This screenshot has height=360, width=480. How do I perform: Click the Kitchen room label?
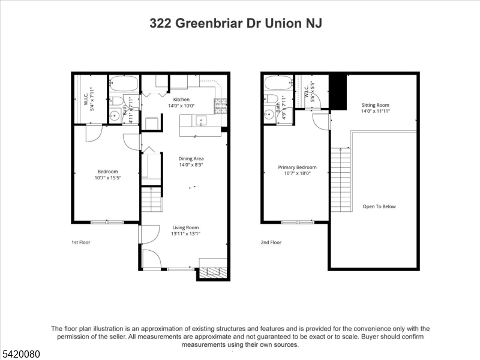(x=181, y=100)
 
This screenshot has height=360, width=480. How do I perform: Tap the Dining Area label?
(x=191, y=158)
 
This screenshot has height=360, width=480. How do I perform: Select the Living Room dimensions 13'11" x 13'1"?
(x=185, y=234)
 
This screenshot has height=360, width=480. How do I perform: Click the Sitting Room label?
(x=376, y=105)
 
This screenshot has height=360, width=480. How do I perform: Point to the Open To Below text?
(x=379, y=206)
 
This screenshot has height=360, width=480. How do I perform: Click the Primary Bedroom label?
(x=297, y=167)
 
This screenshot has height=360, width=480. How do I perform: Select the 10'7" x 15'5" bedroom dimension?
(x=108, y=178)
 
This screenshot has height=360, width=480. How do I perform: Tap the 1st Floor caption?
(x=81, y=242)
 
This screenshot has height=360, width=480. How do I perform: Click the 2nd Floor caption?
(x=271, y=242)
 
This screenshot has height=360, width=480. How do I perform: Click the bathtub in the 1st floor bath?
(x=124, y=83)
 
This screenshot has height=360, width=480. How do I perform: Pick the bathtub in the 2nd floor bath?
(x=278, y=83)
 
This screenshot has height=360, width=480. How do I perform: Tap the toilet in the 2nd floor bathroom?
(x=271, y=98)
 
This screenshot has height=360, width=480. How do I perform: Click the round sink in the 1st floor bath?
(x=115, y=116)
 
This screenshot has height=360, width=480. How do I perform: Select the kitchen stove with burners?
(x=221, y=105)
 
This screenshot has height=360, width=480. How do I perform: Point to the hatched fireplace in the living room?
(x=213, y=272)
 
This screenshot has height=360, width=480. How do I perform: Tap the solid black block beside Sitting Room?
(x=338, y=92)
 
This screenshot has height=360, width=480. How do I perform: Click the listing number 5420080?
(x=20, y=354)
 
